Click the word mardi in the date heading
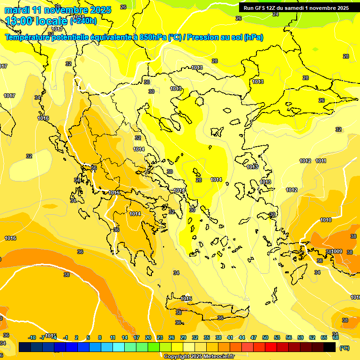pyautogui.click(x=17, y=10)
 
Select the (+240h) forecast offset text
pyautogui.click(x=83, y=21)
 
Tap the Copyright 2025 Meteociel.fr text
pyautogui.click(x=199, y=357)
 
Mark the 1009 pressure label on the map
pyautogui.click(x=337, y=252)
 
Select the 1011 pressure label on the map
pyautogui.click(x=321, y=161)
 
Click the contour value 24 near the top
pyautogui.click(x=276, y=15)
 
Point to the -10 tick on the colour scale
pyautogui.click(x=32, y=337)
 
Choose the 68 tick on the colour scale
pyautogui.click(x=336, y=337)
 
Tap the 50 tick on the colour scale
pyautogui.click(x=265, y=337)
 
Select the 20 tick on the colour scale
pyautogui.click(x=148, y=337)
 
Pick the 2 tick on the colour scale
pyautogui.click(x=76, y=337)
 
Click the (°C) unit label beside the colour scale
pyautogui.click(x=345, y=348)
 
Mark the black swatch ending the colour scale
pyautogui.click(x=330, y=347)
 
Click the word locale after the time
pyautogui.click(x=52, y=21)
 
